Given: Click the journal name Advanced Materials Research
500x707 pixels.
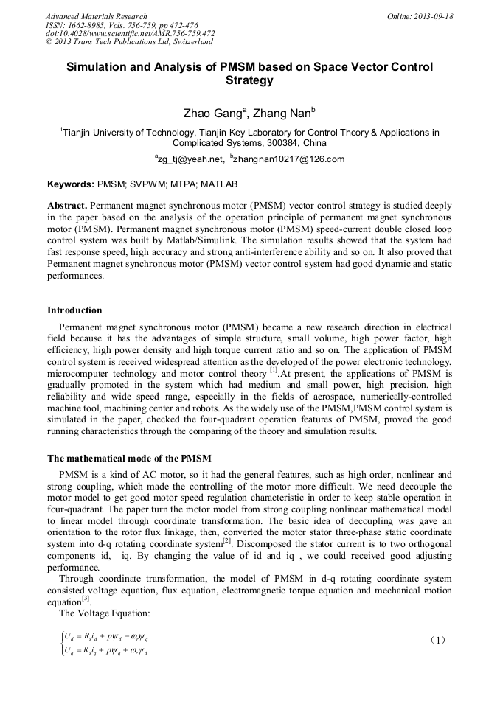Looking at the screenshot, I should (96, 16).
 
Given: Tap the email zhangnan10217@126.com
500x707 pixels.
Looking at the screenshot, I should (288, 159).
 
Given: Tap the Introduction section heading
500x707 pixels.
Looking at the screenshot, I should (74, 310).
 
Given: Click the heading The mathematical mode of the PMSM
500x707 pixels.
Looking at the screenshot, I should (133, 458).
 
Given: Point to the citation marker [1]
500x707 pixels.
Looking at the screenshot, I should (274, 370).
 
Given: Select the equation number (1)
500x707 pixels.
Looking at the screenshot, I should (437, 640).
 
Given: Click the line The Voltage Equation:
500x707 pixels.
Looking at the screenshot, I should (98, 613).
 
